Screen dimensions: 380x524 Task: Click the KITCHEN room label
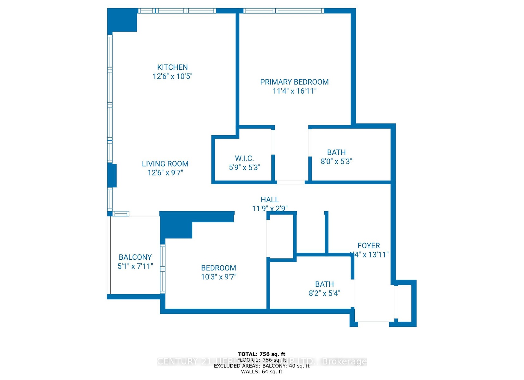pyautogui.click(x=172, y=67)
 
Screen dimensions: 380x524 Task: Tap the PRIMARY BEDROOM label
pyautogui.click(x=294, y=82)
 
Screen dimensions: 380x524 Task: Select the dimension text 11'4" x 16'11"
pyautogui.click(x=294, y=91)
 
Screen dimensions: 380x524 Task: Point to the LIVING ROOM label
pyautogui.click(x=165, y=164)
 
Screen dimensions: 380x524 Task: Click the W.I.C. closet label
pyautogui.click(x=244, y=158)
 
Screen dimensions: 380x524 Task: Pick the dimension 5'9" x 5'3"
pyautogui.click(x=244, y=168)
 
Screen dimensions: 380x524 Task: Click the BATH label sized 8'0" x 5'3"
pyautogui.click(x=336, y=152)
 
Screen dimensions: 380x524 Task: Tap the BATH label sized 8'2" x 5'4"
pyautogui.click(x=324, y=284)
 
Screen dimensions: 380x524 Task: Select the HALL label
pyautogui.click(x=270, y=199)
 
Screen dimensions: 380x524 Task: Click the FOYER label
pyautogui.click(x=369, y=245)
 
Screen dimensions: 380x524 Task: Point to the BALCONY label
pyautogui.click(x=135, y=257)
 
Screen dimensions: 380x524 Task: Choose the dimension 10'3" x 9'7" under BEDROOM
pyautogui.click(x=219, y=277)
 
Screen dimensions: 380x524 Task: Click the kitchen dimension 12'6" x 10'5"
pyautogui.click(x=172, y=76)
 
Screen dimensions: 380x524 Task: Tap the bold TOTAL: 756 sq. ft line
pyautogui.click(x=262, y=354)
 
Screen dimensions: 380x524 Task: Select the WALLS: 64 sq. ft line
pyautogui.click(x=262, y=371)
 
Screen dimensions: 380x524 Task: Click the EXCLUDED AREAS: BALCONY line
pyautogui.click(x=262, y=366)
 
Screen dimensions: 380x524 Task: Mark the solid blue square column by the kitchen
pyautogui.click(x=122, y=20)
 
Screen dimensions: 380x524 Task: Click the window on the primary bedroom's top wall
pyautogui.click(x=284, y=11)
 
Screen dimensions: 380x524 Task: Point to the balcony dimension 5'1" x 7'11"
pyautogui.click(x=135, y=266)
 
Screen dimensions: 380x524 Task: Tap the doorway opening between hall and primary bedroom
pyautogui.click(x=291, y=182)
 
